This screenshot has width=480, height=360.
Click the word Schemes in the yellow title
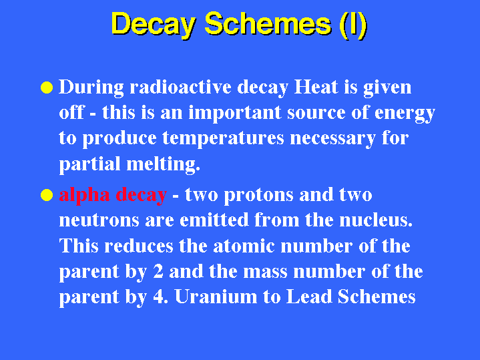[268, 24]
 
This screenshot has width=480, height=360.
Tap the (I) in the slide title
[353, 25]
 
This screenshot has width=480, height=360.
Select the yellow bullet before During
[47, 87]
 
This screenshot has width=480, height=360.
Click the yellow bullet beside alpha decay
[47, 195]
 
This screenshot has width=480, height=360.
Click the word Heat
[316, 87]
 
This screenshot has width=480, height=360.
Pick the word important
[235, 113]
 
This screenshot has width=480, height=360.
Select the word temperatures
[223, 139]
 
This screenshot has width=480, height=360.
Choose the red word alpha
[85, 196]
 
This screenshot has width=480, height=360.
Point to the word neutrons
[99, 221]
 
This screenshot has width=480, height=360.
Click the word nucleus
[376, 220]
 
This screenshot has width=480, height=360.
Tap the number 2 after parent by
[158, 271]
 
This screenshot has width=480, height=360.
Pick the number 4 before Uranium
[158, 297]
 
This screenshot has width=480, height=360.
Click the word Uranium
[216, 297]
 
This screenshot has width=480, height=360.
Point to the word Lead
[309, 297]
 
